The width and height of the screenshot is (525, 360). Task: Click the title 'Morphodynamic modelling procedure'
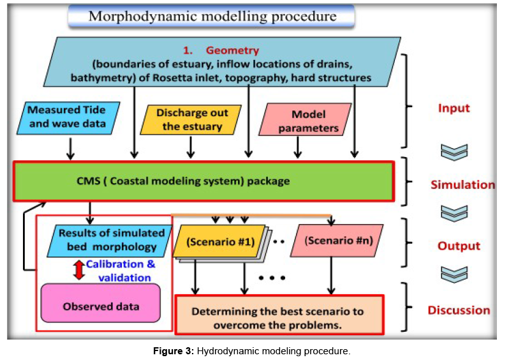point(212,16)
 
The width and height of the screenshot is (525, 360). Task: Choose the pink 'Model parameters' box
point(304,121)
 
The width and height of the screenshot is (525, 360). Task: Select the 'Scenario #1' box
point(220,241)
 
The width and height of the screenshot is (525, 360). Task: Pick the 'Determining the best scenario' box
point(279,318)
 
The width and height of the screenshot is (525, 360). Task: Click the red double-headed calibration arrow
point(78,269)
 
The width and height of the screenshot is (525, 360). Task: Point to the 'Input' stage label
point(454,108)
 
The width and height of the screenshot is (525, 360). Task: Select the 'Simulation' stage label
point(462,185)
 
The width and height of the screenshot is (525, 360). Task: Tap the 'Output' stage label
point(459,246)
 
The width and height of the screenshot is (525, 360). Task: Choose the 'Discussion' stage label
point(459,310)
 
